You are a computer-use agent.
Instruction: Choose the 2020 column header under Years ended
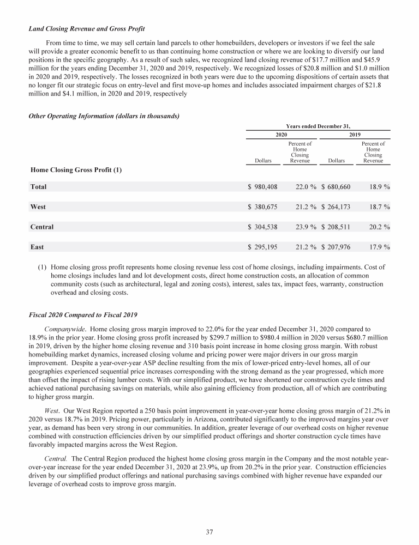tap(282, 135)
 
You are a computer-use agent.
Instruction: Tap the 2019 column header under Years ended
tap(355, 135)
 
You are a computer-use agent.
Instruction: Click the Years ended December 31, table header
tap(319, 125)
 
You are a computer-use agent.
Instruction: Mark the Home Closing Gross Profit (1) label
tap(75, 170)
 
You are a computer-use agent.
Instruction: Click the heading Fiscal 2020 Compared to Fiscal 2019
tap(86, 315)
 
